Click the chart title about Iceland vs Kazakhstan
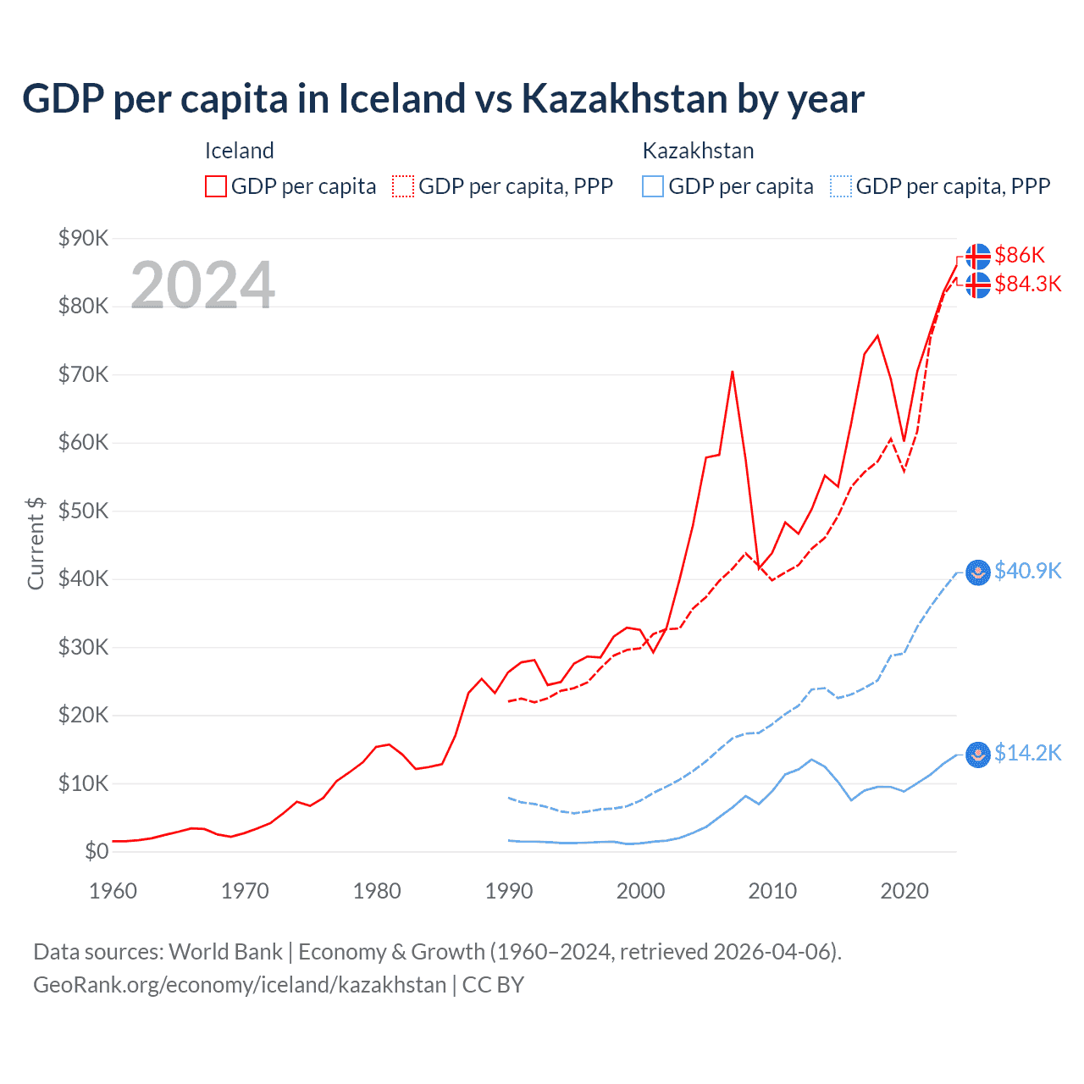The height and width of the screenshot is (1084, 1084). click(x=443, y=99)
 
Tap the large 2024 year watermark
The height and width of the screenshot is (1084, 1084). click(x=202, y=285)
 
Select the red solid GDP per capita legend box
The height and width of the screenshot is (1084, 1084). click(x=216, y=186)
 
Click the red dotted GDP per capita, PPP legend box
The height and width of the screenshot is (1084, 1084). click(x=403, y=186)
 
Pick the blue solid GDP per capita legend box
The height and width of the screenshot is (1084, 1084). click(x=653, y=186)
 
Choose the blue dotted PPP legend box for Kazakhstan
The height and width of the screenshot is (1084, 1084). click(x=841, y=186)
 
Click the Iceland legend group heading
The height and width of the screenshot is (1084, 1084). click(x=240, y=151)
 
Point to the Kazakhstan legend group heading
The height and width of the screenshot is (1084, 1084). click(x=698, y=151)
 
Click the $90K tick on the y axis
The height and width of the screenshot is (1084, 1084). click(x=83, y=238)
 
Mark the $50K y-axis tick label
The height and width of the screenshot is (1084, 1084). click(x=83, y=511)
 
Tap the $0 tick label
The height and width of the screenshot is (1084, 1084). click(x=97, y=851)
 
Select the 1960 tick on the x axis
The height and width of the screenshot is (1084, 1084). click(x=113, y=891)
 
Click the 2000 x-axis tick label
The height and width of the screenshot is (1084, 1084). click(x=640, y=891)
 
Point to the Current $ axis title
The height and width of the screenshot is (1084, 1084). click(x=36, y=543)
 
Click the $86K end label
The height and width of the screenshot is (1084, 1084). click(x=1020, y=255)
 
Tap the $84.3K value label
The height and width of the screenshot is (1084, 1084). click(x=1027, y=284)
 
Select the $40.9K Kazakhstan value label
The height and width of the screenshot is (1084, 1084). click(x=1027, y=571)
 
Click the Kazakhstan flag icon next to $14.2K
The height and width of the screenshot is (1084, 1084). click(x=978, y=754)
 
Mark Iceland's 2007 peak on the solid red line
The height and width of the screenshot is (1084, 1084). click(x=733, y=372)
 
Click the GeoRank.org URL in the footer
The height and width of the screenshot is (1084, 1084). click(x=240, y=985)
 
